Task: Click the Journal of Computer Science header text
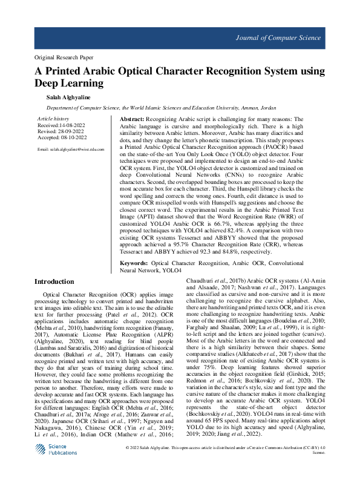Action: point(278,38)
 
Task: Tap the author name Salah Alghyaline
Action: point(67,97)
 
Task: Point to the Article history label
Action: point(53,119)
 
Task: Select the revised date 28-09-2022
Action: point(73,131)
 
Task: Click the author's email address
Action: point(70,149)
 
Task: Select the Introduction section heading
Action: point(54,282)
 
